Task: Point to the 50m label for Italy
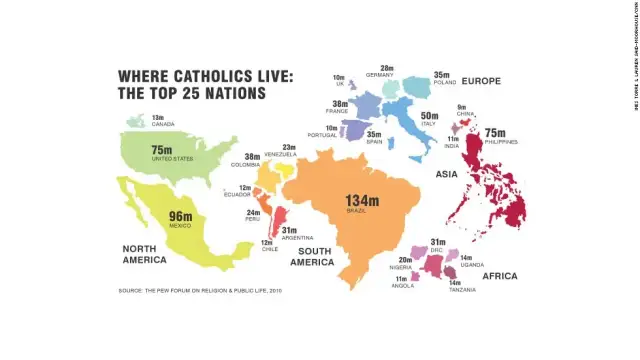(x=429, y=144)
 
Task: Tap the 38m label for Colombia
(x=252, y=157)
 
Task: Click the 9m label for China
(x=462, y=134)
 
